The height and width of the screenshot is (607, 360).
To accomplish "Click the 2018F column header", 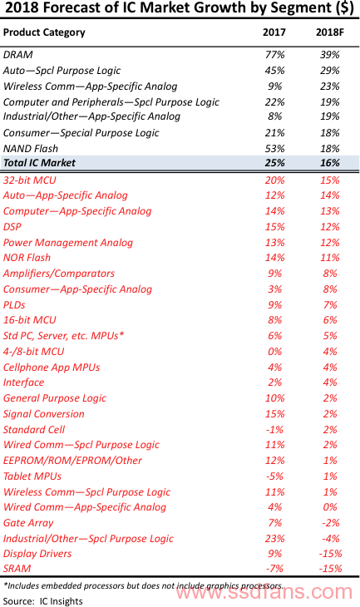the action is (x=330, y=32).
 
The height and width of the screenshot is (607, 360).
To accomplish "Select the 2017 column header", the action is (x=274, y=32).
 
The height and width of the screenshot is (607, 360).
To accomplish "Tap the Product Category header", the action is (x=44, y=33).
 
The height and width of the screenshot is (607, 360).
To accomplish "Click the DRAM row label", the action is (x=17, y=55).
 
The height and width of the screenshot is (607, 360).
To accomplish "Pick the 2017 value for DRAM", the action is (x=275, y=55).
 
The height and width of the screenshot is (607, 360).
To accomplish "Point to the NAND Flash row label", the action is (x=31, y=149).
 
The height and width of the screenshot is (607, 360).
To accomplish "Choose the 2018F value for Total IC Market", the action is (x=330, y=163).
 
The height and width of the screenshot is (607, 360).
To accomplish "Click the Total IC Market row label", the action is (x=39, y=163).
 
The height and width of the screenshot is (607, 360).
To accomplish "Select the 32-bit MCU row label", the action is (x=30, y=180).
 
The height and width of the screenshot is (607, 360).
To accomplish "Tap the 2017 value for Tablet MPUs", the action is (x=275, y=476).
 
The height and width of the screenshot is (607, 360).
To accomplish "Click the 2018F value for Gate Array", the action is (x=330, y=523).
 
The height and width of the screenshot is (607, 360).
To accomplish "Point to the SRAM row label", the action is (x=17, y=569).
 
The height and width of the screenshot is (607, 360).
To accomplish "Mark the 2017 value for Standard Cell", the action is (x=275, y=430).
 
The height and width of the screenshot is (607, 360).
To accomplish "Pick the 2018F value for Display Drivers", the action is (x=330, y=554).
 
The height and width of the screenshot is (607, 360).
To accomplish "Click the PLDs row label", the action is (x=14, y=305).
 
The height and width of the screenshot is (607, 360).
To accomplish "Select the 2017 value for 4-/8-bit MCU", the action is (x=275, y=352).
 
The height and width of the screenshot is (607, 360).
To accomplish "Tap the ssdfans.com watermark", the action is (x=264, y=591).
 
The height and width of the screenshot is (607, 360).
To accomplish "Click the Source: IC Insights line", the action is (x=43, y=601).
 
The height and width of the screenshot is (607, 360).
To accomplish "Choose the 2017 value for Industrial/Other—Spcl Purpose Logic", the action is (x=275, y=539).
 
